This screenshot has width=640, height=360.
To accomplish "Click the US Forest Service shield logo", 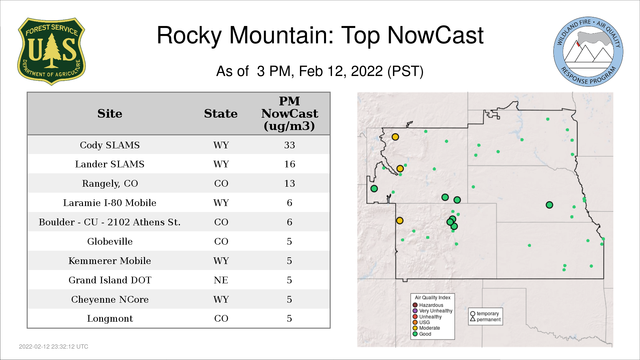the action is [x=51, y=51].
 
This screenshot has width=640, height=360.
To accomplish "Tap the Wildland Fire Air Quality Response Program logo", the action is [x=588, y=52].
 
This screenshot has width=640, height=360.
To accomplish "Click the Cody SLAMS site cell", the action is [x=110, y=145].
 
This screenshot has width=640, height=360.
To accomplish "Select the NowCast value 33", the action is [x=289, y=145].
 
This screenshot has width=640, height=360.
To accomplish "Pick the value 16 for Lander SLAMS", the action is [x=289, y=164].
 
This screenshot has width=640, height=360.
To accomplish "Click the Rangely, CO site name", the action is [x=110, y=184].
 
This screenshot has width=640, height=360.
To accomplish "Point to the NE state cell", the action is [x=221, y=280].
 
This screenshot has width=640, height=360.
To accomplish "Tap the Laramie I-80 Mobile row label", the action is [x=110, y=203].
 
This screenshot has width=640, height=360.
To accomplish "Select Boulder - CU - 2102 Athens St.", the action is [x=110, y=222].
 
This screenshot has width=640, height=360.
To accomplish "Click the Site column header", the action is [x=110, y=114].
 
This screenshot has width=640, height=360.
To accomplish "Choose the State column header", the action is [x=221, y=114].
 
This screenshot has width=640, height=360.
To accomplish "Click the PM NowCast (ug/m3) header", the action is [x=289, y=113].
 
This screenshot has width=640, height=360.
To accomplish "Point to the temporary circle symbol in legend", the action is [x=472, y=314].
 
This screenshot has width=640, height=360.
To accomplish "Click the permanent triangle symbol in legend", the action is [x=472, y=319].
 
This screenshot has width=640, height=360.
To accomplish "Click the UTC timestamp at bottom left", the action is [x=54, y=347].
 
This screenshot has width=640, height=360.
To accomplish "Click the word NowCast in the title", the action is [x=435, y=35].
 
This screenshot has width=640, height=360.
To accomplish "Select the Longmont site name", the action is [x=110, y=319].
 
